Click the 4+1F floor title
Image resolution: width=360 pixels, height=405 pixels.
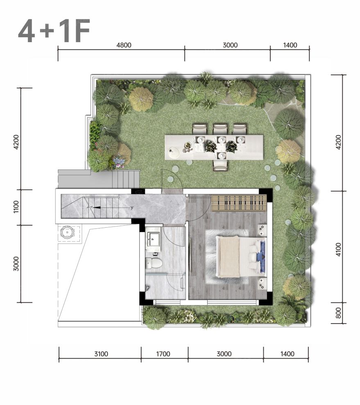[54, 31]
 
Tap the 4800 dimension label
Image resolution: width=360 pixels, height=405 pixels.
[124, 45]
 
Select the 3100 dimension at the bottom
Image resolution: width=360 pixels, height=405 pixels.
[101, 354]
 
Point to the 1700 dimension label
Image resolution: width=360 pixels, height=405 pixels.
[163, 354]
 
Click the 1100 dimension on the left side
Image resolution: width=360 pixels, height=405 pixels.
[16, 207]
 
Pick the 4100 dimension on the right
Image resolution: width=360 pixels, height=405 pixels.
[338, 249]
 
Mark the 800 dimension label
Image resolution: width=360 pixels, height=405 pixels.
[338, 313]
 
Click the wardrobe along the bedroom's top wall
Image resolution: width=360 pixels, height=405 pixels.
[239, 203]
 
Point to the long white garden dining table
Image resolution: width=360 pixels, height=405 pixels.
[214, 147]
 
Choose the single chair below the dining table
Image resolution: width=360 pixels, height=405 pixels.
[220, 165]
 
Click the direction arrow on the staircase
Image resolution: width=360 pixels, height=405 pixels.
[113, 207]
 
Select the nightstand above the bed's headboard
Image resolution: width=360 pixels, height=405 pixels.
[262, 229]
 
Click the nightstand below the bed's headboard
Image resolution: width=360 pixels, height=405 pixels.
[262, 283]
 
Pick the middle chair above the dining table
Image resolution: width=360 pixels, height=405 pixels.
[220, 129]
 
